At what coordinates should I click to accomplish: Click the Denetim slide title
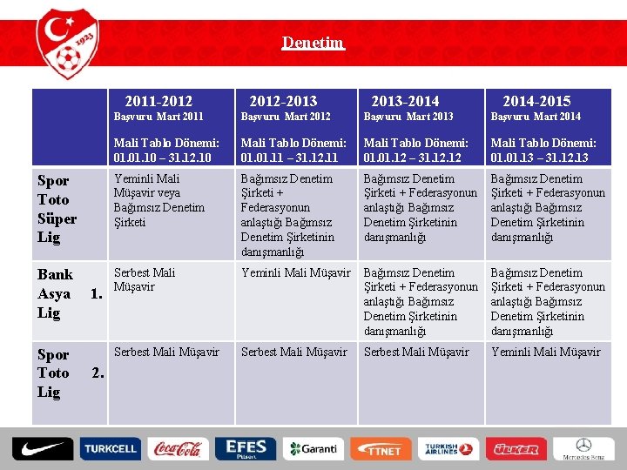pos(313,43)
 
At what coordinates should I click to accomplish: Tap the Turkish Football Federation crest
pos(68,45)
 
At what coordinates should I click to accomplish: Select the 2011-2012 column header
pos(158,102)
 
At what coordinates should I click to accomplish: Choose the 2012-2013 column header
pos(283,102)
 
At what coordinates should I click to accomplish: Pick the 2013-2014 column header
pos(405,102)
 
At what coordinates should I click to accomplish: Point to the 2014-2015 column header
pos(536,102)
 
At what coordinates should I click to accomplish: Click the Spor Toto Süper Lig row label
pos(57,209)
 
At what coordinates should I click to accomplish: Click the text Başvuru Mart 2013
pos(408,117)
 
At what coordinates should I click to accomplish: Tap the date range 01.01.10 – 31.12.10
pos(162,158)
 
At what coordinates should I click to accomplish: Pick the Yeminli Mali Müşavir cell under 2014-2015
pos(545,352)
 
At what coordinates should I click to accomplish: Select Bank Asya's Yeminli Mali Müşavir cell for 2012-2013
pos(295,272)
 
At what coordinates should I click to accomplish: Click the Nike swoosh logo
pos(43,448)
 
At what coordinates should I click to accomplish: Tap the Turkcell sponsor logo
pos(110,448)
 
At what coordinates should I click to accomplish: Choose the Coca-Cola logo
pos(178,448)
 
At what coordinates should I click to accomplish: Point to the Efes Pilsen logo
pos(246,448)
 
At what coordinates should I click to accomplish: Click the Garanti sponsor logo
pos(313,448)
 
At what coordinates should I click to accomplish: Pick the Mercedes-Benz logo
pos(583,448)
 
